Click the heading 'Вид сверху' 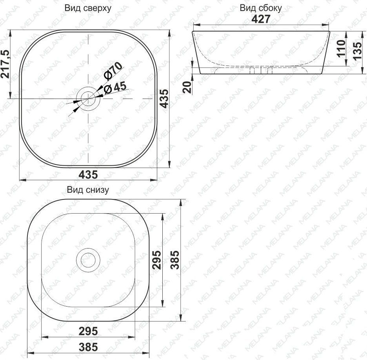pos(88,8)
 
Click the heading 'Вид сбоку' pos(261,8)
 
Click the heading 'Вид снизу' pos(88,190)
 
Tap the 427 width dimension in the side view pos(261,19)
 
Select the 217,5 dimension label pos(5,64)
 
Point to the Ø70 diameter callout pos(113,71)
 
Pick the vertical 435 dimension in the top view pos(164,99)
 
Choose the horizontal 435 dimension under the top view pos(88,174)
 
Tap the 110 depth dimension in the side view pos(341,48)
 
